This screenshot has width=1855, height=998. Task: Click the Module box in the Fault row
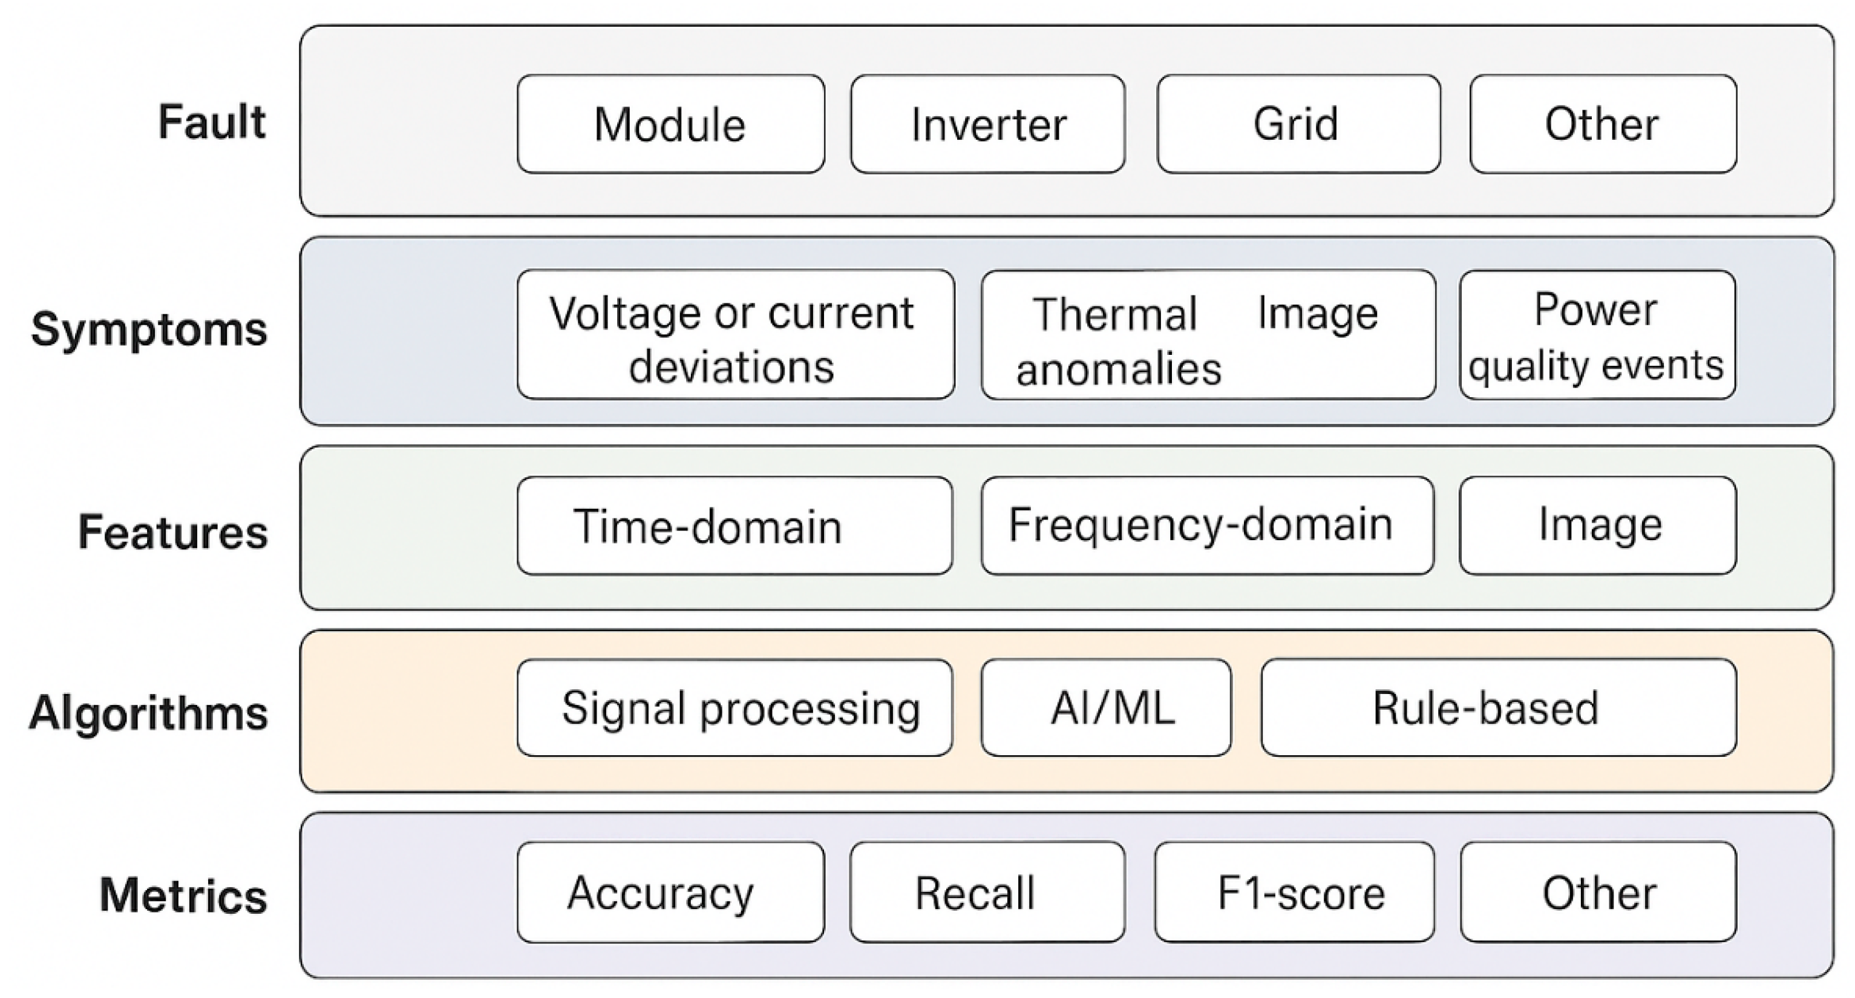pos(670,124)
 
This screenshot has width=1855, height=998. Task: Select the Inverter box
pos(987,124)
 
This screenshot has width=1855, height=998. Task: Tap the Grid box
pos(1298,124)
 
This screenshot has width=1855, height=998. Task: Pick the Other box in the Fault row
pos(1603,124)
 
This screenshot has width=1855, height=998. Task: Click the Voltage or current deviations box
pos(735,334)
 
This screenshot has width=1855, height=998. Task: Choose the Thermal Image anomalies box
pos(1208,334)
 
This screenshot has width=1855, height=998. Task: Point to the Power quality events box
pos(1597,334)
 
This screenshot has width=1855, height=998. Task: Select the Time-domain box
pos(734,525)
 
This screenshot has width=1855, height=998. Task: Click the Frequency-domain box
pos(1207,525)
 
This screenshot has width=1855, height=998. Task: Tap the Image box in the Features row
pos(1597,525)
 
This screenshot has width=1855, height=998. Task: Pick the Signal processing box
pos(734,707)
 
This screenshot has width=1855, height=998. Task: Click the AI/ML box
pos(1105,707)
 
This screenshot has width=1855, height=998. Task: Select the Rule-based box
pos(1498,707)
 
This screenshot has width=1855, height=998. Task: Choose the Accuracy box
pos(670,892)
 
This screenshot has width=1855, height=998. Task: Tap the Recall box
pos(987,892)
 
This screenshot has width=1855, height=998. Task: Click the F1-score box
pos(1294,892)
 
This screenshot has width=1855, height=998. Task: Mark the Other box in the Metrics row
pos(1598,892)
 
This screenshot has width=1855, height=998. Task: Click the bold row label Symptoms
pos(149,330)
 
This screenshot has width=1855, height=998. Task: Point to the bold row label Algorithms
pos(148,713)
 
